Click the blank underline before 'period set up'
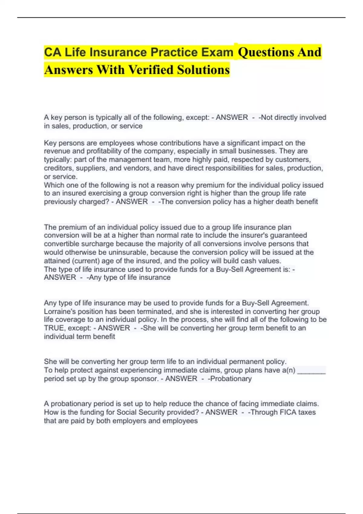[311, 371]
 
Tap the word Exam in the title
[218, 52]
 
